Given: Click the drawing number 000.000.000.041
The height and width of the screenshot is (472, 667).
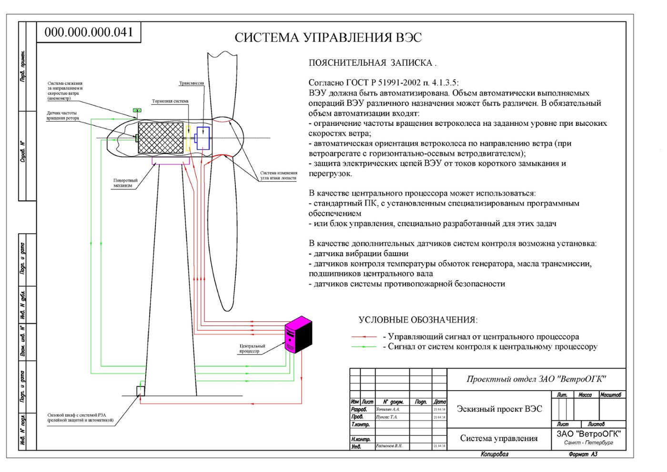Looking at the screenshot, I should [89, 32].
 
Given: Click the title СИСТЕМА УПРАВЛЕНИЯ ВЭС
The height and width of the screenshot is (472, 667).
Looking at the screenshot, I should [328, 38].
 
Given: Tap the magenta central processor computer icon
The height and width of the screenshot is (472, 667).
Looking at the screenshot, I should [298, 334].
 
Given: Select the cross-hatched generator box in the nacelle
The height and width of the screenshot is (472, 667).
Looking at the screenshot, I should [161, 138].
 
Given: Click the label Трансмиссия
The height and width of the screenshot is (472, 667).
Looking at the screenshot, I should [191, 83].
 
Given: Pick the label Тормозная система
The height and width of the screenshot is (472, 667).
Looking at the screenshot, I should [170, 102].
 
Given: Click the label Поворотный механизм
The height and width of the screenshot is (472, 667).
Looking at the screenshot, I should [125, 183].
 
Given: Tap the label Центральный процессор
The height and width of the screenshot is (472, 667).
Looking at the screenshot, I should [252, 349].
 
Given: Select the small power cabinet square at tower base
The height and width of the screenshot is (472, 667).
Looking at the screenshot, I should [141, 391].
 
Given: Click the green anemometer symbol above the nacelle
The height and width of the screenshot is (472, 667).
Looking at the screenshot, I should [137, 111].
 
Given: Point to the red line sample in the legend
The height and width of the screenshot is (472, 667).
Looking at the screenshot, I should [364, 337].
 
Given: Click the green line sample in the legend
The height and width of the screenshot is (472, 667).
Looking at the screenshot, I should [364, 347].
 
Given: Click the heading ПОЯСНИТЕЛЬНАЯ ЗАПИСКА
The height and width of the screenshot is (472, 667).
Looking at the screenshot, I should [372, 63].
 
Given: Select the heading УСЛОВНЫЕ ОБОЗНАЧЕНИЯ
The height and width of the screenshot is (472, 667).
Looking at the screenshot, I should [418, 320].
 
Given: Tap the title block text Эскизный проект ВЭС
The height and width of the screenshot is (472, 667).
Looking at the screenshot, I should [499, 409].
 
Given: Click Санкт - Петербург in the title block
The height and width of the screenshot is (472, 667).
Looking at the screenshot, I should [588, 443].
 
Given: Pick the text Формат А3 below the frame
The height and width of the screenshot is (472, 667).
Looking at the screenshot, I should [583, 454].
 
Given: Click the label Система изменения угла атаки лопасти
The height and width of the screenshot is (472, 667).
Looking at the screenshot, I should [279, 175].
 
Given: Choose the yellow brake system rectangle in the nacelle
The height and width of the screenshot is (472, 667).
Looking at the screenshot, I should [189, 138].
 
